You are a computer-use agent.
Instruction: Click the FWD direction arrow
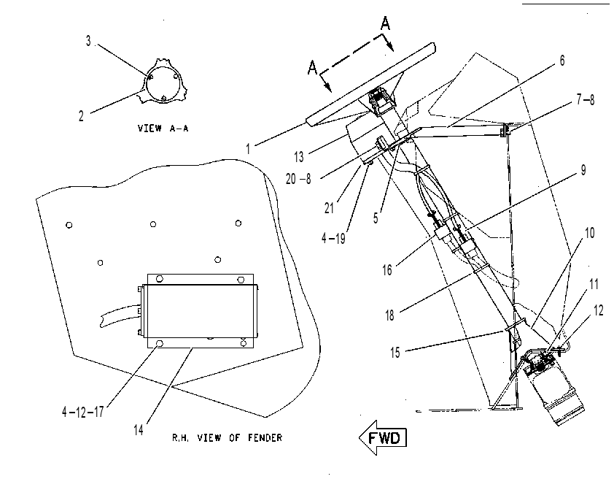click(x=383, y=437)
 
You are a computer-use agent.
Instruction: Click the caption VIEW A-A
click(x=163, y=129)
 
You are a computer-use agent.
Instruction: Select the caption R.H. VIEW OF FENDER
click(x=227, y=437)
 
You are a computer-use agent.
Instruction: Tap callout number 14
click(x=139, y=430)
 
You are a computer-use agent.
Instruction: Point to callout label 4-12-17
click(x=82, y=412)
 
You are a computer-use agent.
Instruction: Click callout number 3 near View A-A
click(x=88, y=41)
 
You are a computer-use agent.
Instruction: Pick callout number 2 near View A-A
click(x=81, y=116)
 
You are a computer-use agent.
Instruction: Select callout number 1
click(x=248, y=149)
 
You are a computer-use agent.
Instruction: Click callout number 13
click(x=299, y=157)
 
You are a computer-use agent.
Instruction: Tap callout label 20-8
click(x=298, y=179)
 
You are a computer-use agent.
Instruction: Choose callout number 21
click(x=329, y=208)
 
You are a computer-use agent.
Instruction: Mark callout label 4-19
click(x=334, y=238)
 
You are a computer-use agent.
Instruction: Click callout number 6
click(x=562, y=61)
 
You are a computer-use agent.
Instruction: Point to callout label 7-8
click(x=586, y=100)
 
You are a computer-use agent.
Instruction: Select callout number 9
click(x=583, y=170)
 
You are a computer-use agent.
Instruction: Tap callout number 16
click(x=387, y=270)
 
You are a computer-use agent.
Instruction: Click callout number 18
click(x=389, y=315)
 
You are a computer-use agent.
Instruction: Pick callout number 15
click(x=395, y=353)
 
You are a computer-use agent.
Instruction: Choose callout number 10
click(x=589, y=233)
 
